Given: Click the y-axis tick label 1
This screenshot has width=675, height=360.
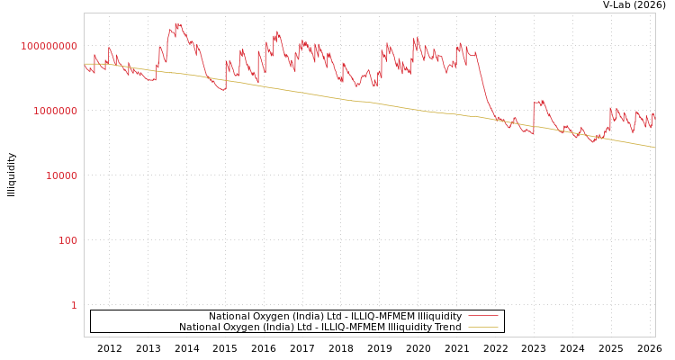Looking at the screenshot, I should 74,306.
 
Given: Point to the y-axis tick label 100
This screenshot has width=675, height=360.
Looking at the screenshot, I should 68,240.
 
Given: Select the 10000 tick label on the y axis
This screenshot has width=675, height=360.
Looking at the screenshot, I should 62,175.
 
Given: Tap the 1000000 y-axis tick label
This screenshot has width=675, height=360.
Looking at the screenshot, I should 56,111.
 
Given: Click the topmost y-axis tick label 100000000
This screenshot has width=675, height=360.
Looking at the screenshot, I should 49,46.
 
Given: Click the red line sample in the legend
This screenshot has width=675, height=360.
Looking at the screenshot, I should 483,317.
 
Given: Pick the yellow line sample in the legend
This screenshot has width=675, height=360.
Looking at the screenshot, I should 483,328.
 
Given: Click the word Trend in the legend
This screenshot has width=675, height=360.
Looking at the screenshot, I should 447,328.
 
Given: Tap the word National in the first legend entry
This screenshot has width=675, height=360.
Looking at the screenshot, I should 229,317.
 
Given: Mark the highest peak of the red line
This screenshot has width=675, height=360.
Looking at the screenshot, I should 177,23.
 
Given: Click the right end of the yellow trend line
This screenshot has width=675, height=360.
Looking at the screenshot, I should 654,147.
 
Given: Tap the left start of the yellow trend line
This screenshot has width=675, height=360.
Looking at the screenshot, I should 85,64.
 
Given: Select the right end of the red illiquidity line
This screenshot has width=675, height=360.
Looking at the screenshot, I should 654,116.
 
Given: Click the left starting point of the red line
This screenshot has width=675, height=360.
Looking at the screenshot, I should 85,64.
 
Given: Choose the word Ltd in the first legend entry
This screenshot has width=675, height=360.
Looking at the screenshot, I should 324,317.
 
